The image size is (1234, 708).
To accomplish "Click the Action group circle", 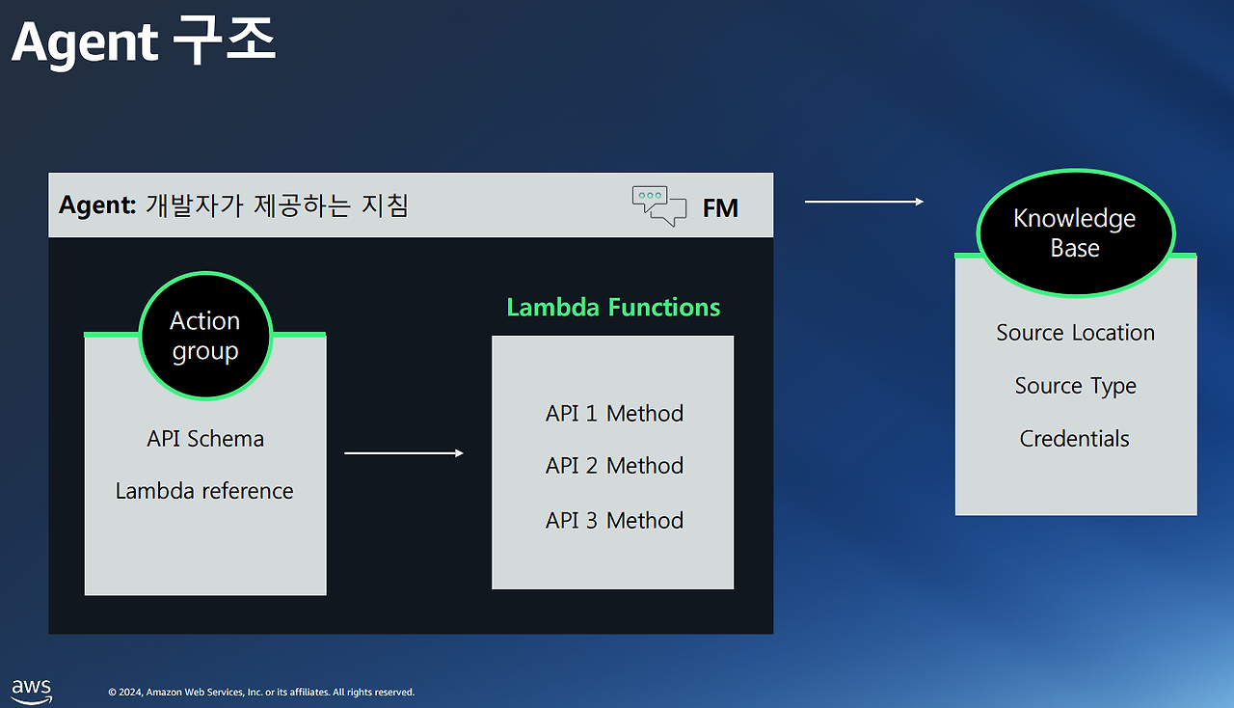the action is (x=205, y=336).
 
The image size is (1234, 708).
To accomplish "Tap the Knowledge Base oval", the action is (x=1075, y=232).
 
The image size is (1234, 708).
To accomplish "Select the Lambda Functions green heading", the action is (x=613, y=308).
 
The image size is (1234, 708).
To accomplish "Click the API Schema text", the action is (x=205, y=439).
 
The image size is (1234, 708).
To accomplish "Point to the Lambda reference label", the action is (x=204, y=491).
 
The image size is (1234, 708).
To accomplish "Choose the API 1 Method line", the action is (x=614, y=414).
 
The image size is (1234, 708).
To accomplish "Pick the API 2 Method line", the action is (x=614, y=466).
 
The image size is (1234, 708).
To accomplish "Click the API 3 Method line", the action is (x=614, y=521).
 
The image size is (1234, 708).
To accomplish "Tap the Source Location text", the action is (x=1075, y=333).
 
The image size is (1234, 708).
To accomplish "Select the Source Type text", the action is (x=1075, y=386).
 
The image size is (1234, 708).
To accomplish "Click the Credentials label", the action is (x=1074, y=439).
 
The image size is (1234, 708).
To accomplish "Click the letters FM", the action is (x=720, y=208).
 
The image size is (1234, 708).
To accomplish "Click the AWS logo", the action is (x=31, y=690).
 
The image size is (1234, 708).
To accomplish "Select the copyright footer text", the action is (x=261, y=693).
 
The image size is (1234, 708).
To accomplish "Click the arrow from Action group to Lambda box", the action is (x=404, y=452).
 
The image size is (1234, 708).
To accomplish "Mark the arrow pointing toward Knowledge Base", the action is (x=864, y=202).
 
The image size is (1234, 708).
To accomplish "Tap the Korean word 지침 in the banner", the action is (x=383, y=205).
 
